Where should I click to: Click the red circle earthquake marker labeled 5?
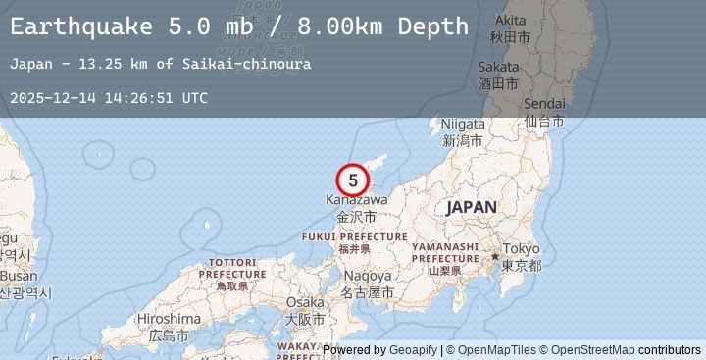[x=352, y=180]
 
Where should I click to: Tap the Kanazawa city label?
[x=356, y=200]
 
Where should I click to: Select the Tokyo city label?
[x=521, y=249]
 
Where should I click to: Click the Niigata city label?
[x=463, y=125]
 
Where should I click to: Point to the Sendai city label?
[x=545, y=104]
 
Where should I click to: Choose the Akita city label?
[x=510, y=21]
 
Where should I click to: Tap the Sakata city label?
[x=498, y=68]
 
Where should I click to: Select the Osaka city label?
[x=304, y=302]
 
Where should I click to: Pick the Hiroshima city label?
[x=169, y=319]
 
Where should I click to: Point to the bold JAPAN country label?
[x=472, y=207]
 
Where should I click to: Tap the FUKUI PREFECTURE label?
[x=354, y=237]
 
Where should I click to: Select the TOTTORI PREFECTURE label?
[x=232, y=268]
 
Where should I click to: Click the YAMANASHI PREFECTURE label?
[x=444, y=252]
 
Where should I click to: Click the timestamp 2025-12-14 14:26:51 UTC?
[x=109, y=98]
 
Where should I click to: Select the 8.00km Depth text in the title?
[x=392, y=26]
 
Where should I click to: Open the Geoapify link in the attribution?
[x=411, y=350]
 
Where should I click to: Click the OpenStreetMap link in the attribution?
[x=592, y=350]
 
